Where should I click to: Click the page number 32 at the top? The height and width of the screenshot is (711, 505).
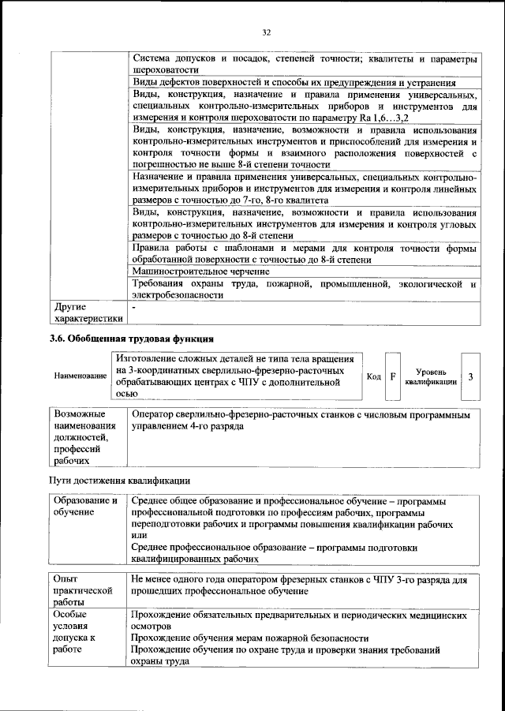coord(266,32)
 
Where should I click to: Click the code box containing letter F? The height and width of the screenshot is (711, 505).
coord(393,376)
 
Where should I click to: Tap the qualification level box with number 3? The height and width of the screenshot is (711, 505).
coord(470,376)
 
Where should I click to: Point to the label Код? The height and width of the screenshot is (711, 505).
coord(374,376)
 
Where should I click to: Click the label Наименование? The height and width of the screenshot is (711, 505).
coord(80,376)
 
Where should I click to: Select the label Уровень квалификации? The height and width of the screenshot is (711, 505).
coord(431,376)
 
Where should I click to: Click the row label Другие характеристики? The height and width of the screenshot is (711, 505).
coord(87,312)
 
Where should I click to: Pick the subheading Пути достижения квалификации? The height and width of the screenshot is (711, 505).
coord(119,481)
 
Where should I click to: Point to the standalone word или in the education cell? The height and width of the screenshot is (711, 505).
coord(139,535)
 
